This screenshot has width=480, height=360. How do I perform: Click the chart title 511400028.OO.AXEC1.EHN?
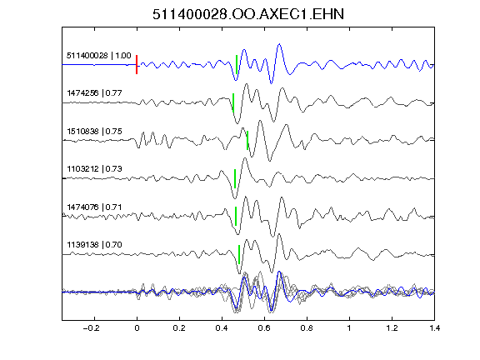pos(248,14)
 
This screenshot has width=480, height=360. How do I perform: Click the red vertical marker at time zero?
pos(137,65)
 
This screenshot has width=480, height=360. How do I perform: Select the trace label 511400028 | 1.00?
pos(99,56)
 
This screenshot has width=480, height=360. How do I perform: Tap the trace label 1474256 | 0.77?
pos(94,93)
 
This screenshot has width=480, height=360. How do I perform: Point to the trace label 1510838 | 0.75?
pos(94,132)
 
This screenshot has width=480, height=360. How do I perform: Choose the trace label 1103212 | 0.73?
pos(94,169)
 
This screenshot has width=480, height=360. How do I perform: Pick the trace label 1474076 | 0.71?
pos(94,207)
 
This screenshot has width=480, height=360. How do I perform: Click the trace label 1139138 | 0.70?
pos(94,245)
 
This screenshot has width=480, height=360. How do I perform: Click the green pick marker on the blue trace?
pos(237,65)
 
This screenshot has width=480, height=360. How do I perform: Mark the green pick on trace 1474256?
pos(233,102)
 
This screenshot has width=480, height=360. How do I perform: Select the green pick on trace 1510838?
pos(247,140)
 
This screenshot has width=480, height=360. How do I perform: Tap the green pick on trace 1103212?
pos(235,178)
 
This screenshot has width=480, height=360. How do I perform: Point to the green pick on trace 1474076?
pos(236,216)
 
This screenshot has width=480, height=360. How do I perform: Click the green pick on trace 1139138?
pos(239,254)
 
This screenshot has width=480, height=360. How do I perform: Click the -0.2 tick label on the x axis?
pos(91,328)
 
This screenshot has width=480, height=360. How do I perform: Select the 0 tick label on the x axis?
pos(137,328)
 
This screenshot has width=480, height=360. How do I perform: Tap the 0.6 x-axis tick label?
pos(264,328)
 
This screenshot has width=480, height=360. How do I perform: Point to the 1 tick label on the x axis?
pos(349,328)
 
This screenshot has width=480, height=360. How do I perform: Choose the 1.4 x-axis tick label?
pos(435,328)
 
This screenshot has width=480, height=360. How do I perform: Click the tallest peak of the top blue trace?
pos(279,44)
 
